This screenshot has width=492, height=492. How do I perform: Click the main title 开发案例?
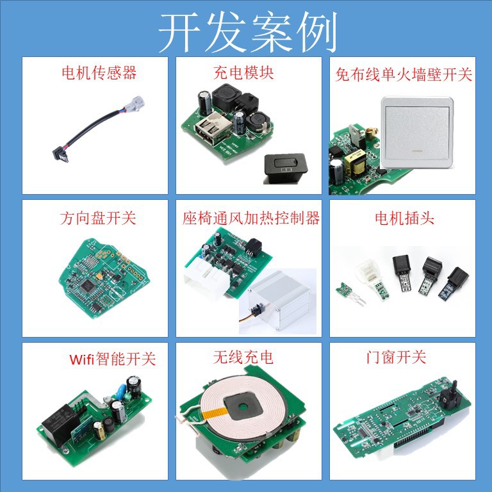248,32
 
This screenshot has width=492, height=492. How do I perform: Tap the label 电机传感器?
99,73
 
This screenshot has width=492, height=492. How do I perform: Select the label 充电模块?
243,73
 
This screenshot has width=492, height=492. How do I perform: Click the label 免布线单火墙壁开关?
404,75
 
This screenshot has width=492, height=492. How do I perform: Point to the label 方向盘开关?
98,218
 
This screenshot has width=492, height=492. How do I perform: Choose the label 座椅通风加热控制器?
251,218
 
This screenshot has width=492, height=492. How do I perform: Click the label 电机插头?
404,218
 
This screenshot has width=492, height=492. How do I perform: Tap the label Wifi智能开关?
113,359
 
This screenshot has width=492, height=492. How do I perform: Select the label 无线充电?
243,357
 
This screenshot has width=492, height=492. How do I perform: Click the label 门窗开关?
396,357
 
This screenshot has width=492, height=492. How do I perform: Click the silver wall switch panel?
417,133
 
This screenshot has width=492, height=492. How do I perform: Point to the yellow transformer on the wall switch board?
356,161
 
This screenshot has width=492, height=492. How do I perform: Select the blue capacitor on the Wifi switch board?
120,391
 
